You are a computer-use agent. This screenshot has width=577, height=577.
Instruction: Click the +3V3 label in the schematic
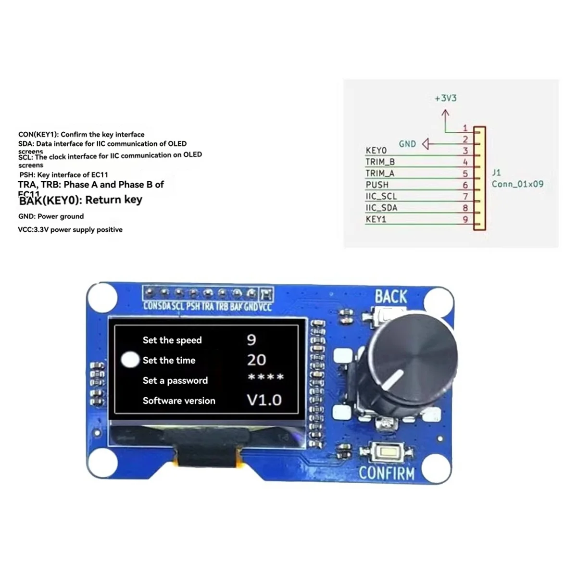[x=445, y=98]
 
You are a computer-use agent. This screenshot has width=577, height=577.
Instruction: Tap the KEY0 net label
[x=376, y=151]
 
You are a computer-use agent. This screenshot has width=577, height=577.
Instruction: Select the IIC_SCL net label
[x=381, y=196]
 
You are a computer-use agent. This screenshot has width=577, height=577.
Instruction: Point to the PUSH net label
[x=377, y=185]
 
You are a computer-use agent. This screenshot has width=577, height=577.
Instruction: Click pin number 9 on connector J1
[x=465, y=219]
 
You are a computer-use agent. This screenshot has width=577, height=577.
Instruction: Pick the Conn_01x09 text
[x=517, y=184]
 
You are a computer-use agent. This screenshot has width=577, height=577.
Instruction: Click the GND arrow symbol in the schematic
[x=426, y=144]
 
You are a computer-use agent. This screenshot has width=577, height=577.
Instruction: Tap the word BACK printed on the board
[x=391, y=297]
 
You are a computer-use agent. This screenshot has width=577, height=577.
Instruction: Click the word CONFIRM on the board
[x=387, y=473]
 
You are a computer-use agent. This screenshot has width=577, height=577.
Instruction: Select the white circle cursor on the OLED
[x=130, y=360]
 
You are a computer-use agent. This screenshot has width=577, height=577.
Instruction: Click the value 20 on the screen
[x=256, y=360]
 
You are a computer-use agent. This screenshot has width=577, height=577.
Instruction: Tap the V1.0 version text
[x=264, y=400]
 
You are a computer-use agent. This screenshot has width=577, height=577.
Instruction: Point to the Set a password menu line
[x=175, y=380]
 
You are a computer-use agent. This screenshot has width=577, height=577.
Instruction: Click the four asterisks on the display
[x=265, y=377]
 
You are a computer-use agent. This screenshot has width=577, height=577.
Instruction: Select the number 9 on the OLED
[x=251, y=340]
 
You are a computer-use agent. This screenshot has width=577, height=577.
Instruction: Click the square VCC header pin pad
[x=266, y=293]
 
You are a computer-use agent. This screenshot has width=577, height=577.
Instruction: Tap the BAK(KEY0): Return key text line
[x=80, y=200]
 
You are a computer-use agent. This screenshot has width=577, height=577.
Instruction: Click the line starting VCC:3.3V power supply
[x=70, y=230]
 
